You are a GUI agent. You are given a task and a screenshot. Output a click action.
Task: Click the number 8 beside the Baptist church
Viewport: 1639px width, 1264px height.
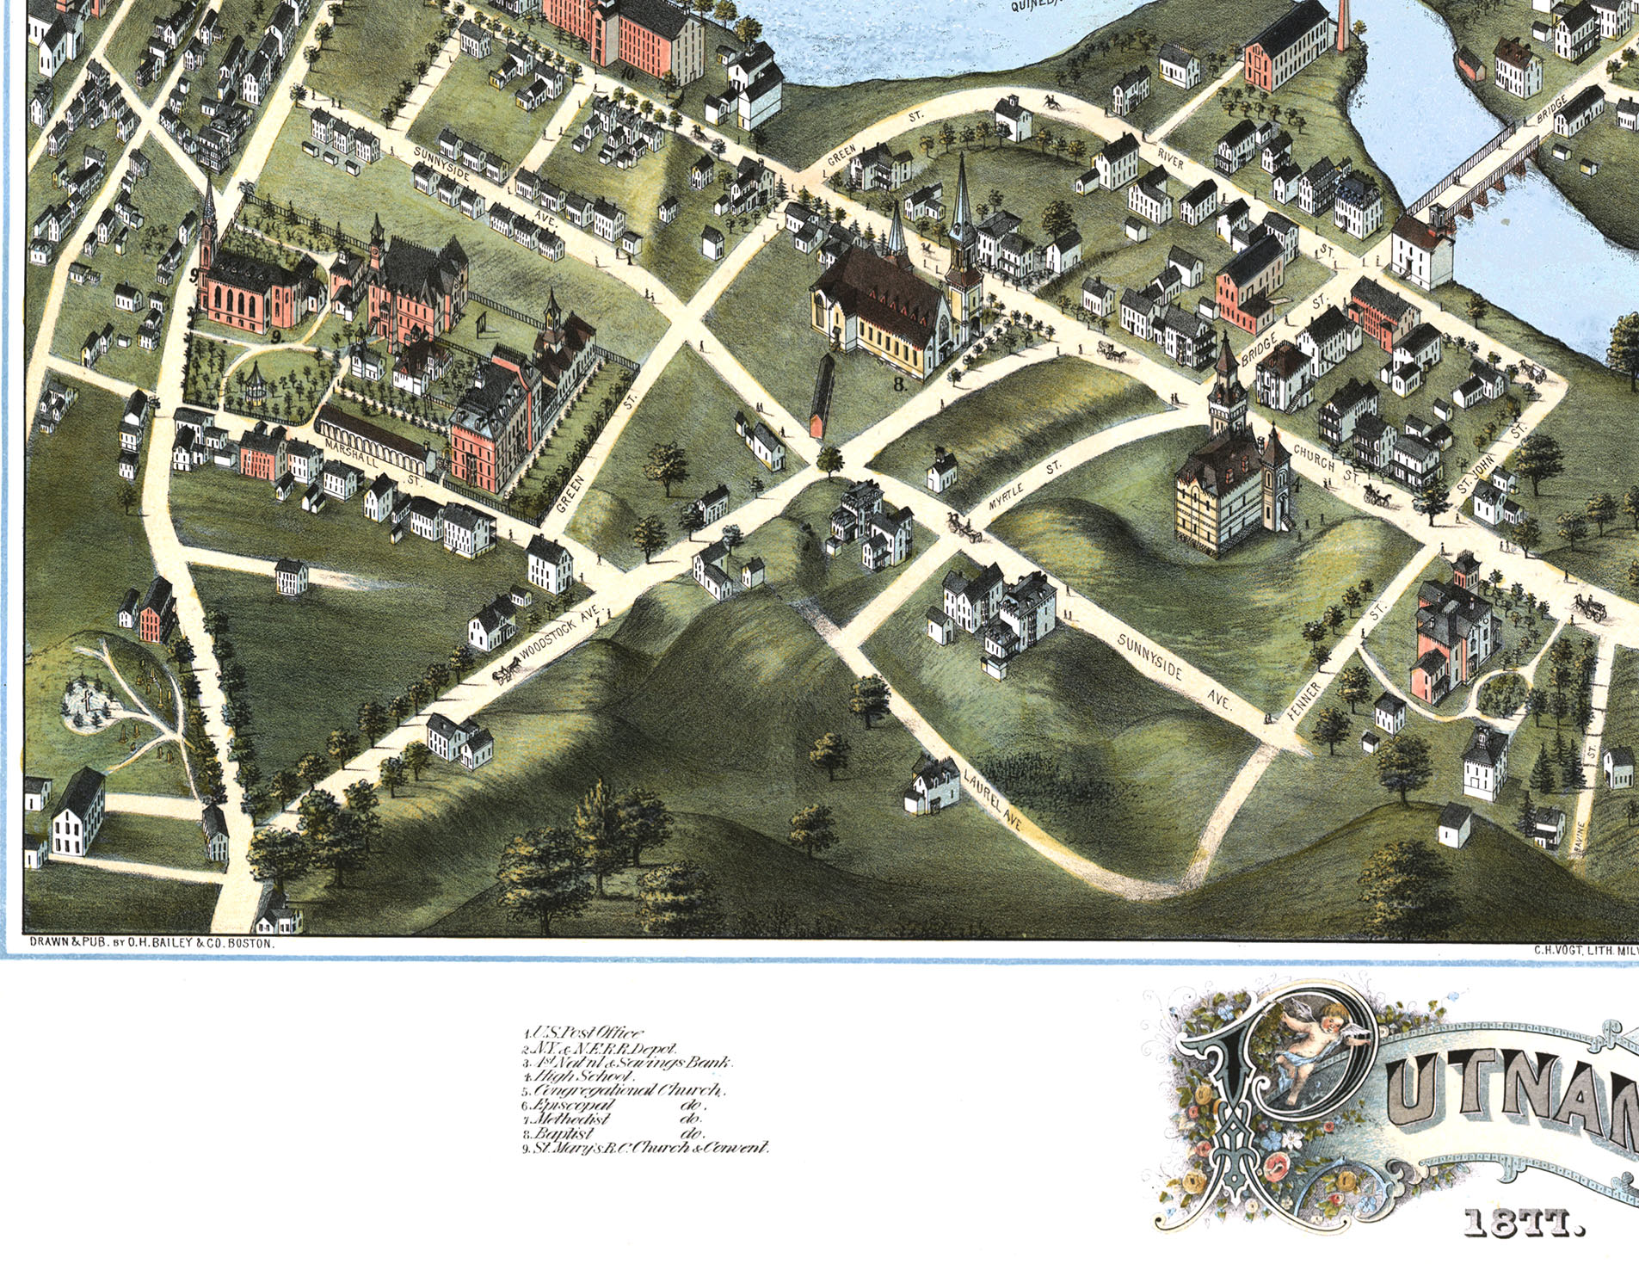click(x=899, y=385)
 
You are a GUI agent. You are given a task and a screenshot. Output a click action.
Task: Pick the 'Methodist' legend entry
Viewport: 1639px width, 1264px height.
click(x=572, y=1119)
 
